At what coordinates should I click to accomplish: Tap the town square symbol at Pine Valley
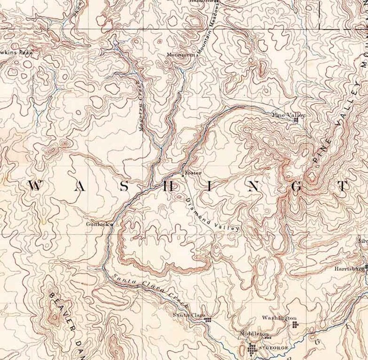pos(296,120)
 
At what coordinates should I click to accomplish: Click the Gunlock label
pos(97,224)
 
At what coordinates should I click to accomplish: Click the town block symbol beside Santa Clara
pos(209,319)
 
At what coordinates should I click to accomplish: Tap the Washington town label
pos(279,318)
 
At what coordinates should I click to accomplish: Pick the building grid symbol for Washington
pos(295,325)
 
